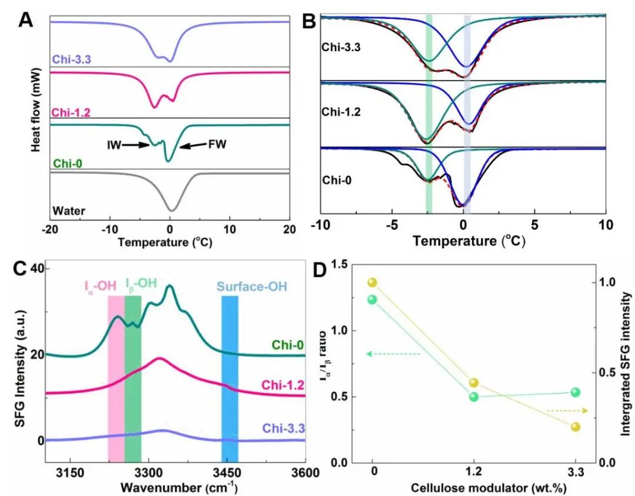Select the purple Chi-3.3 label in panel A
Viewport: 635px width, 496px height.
[69, 59]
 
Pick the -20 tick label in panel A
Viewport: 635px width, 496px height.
[51, 228]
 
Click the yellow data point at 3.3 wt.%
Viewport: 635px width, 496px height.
[575, 427]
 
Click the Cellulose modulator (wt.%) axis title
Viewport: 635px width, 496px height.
[474, 488]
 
